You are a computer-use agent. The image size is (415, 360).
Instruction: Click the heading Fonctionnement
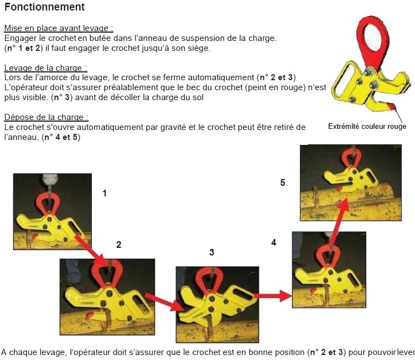coord(45,7)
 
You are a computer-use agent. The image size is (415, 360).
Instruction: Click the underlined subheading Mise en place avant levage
coord(63,28)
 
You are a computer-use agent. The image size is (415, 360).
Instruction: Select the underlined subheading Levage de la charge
coord(46,68)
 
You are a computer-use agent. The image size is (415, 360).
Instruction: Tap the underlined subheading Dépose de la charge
coord(46,117)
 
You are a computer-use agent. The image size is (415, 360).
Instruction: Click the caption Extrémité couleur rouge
coord(367,127)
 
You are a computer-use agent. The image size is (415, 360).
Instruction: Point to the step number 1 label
coord(104,193)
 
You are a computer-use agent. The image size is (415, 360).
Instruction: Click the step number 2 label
coord(118,244)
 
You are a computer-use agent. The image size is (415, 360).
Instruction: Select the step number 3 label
coord(211,252)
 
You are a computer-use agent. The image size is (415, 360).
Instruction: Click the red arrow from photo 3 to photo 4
coord(272,296)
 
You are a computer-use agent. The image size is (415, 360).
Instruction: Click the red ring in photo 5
coord(352,159)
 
